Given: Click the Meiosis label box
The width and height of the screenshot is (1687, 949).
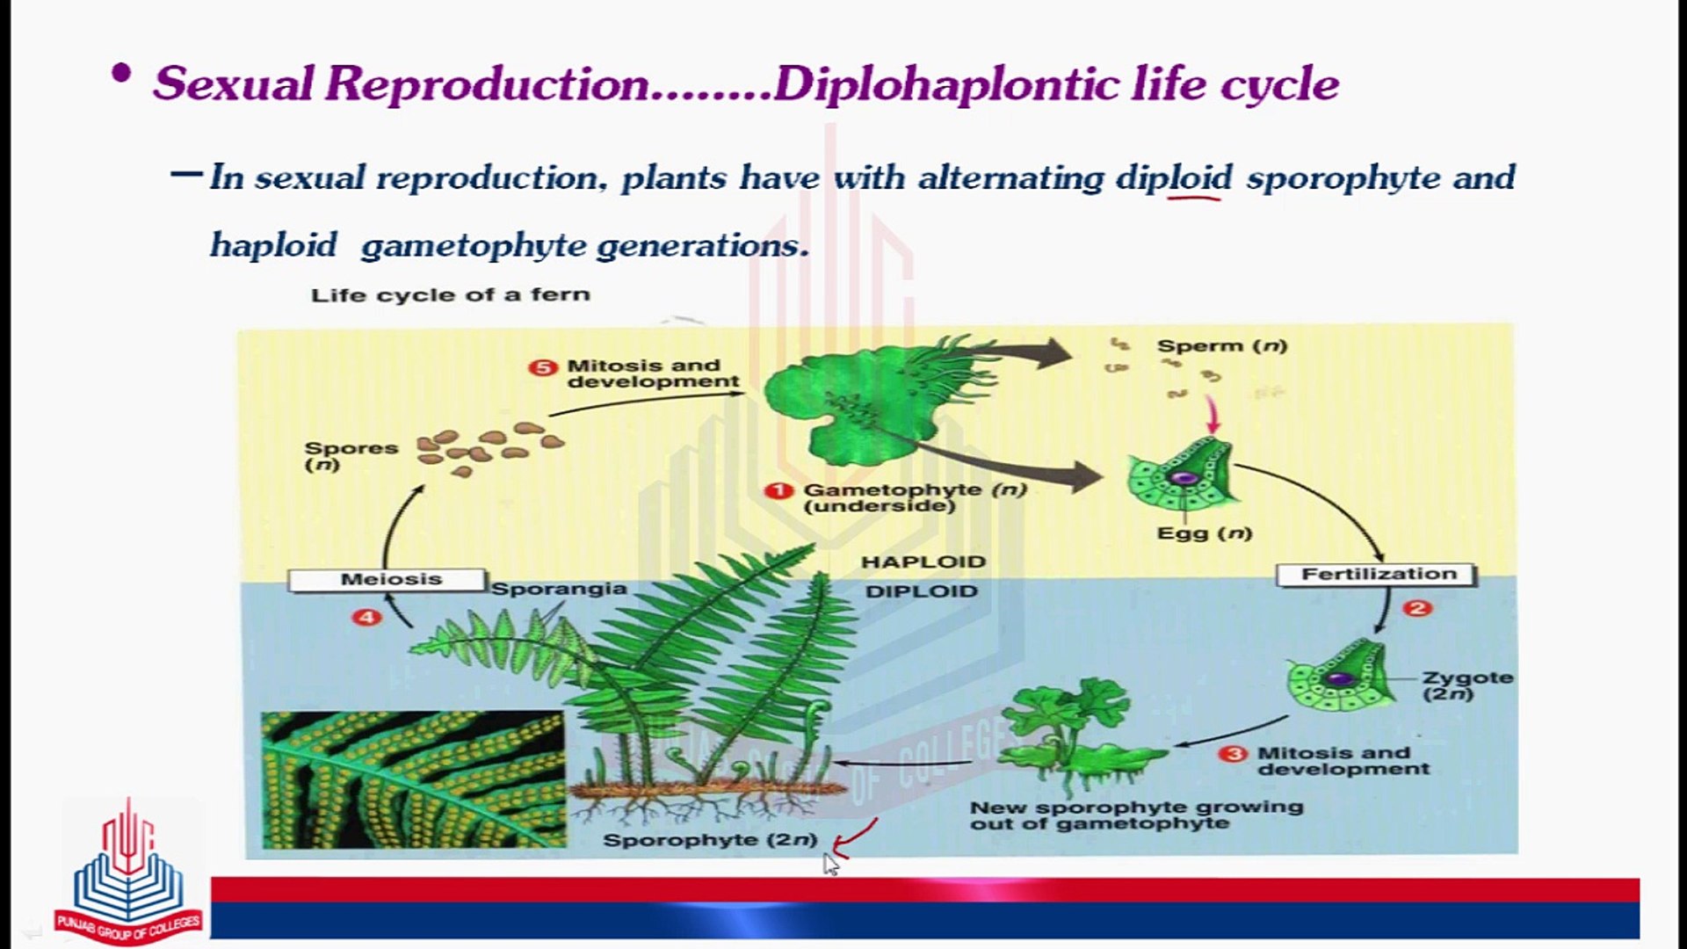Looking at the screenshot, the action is point(387,580).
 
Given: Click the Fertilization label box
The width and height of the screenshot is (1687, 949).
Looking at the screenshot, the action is point(1377,575).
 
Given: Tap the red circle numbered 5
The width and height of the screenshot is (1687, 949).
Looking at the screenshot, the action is point(543,367).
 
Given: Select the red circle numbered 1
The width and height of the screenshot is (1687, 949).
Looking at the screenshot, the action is point(778,490).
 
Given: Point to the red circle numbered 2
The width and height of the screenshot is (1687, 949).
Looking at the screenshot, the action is point(1416,608).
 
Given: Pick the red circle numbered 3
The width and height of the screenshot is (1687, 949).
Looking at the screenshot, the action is point(1234,754).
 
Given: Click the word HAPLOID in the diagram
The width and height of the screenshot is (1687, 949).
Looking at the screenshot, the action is point(923,562).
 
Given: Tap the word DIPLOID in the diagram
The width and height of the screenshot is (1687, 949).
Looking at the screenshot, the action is point(921,591).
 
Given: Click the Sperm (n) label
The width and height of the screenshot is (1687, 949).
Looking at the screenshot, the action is point(1221,346).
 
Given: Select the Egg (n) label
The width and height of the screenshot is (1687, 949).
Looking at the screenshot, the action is point(1204,533).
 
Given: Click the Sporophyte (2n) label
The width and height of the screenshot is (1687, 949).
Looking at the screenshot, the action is point(710,840).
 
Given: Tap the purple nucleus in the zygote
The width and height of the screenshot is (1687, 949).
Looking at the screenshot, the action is point(1339,678).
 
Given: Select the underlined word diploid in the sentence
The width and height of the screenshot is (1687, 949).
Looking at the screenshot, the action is point(1174,177).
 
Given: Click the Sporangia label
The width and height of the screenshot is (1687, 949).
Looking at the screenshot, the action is point(559,590).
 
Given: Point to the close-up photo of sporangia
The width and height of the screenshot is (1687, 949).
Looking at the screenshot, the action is point(413,779).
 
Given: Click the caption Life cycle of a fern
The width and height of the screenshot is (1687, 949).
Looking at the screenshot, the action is point(450,295).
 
